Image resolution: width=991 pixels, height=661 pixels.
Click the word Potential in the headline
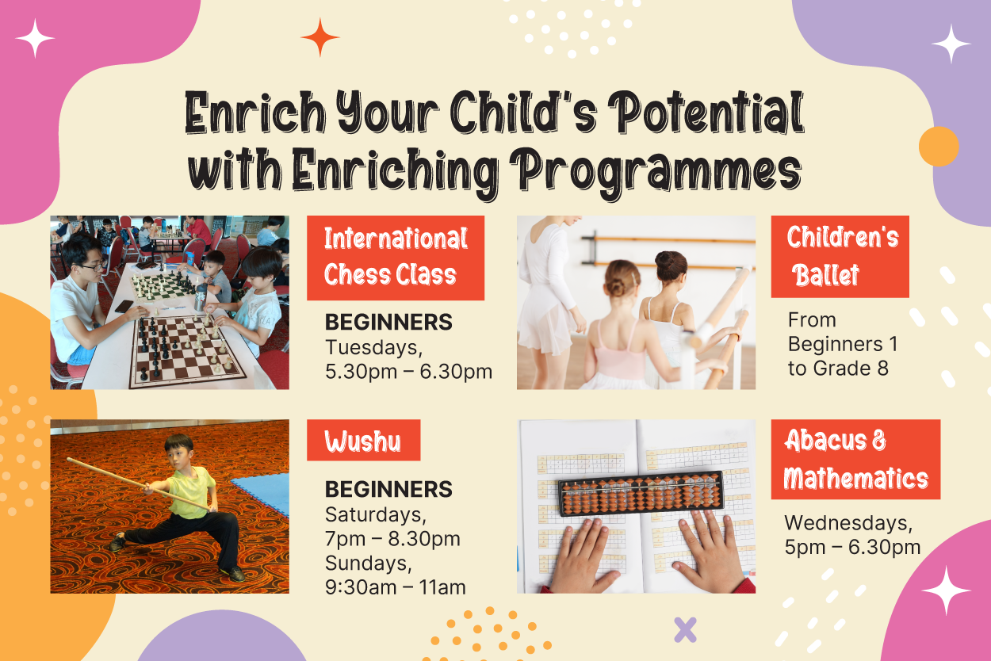click(x=706, y=113)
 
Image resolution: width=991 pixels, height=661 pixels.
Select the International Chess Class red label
click(x=396, y=258)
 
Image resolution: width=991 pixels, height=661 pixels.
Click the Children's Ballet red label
click(x=840, y=257)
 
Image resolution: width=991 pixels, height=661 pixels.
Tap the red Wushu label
click(x=364, y=440)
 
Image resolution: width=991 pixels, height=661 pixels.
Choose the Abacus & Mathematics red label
click(x=855, y=460)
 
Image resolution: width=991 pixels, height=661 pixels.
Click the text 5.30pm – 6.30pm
click(x=408, y=372)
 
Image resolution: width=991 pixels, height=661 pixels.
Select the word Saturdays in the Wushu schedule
click(x=376, y=514)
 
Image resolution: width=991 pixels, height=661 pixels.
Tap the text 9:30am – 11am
click(x=395, y=587)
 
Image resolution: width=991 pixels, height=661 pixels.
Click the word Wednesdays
click(x=848, y=523)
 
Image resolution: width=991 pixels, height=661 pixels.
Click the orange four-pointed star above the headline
click(x=320, y=37)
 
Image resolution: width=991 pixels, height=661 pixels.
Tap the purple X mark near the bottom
click(x=685, y=629)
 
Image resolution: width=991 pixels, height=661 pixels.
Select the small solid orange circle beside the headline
click(x=939, y=147)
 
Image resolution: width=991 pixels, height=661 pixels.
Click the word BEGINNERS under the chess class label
click(x=388, y=322)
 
